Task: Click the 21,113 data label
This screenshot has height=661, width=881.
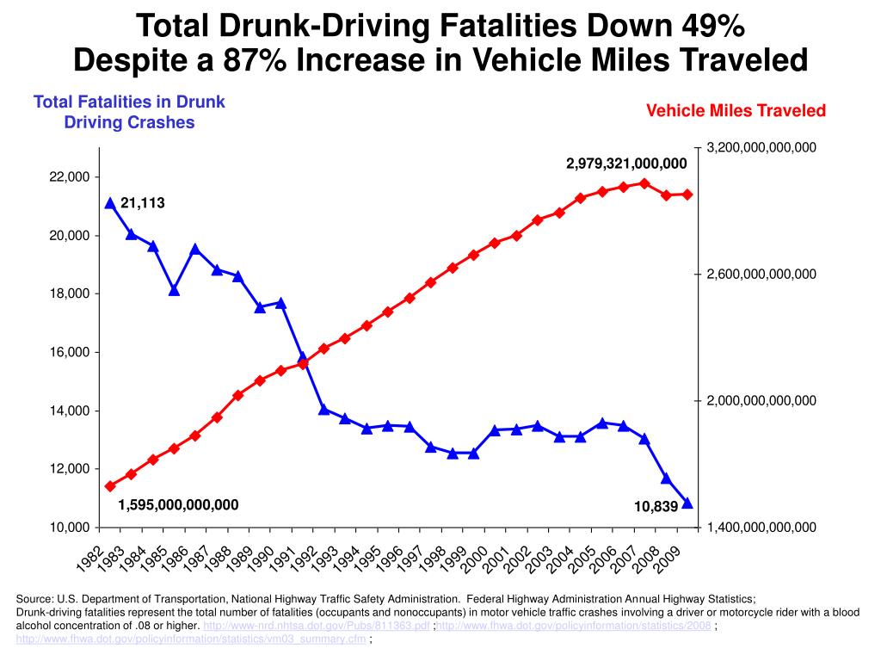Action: click(143, 203)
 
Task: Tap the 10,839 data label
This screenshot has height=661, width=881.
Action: click(656, 506)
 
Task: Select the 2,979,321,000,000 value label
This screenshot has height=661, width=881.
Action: click(626, 164)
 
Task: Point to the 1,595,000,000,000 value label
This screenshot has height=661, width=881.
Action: click(178, 504)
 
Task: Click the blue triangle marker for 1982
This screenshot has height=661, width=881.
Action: click(111, 203)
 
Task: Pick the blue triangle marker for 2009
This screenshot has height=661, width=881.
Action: click(687, 503)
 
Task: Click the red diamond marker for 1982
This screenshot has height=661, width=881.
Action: click(111, 486)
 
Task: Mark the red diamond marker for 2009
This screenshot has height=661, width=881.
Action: click(687, 195)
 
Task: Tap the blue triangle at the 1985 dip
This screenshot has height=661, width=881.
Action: click(174, 290)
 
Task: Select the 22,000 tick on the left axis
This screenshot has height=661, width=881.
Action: click(70, 177)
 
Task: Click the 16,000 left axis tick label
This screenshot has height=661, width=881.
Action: click(70, 352)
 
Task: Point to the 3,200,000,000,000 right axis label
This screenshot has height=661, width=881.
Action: click(761, 148)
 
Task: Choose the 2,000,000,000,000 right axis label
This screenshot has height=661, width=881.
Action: click(761, 401)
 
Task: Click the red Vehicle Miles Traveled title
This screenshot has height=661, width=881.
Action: click(736, 110)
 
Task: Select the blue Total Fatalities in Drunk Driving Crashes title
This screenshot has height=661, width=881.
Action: click(129, 112)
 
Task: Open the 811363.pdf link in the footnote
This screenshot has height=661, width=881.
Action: click(317, 626)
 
